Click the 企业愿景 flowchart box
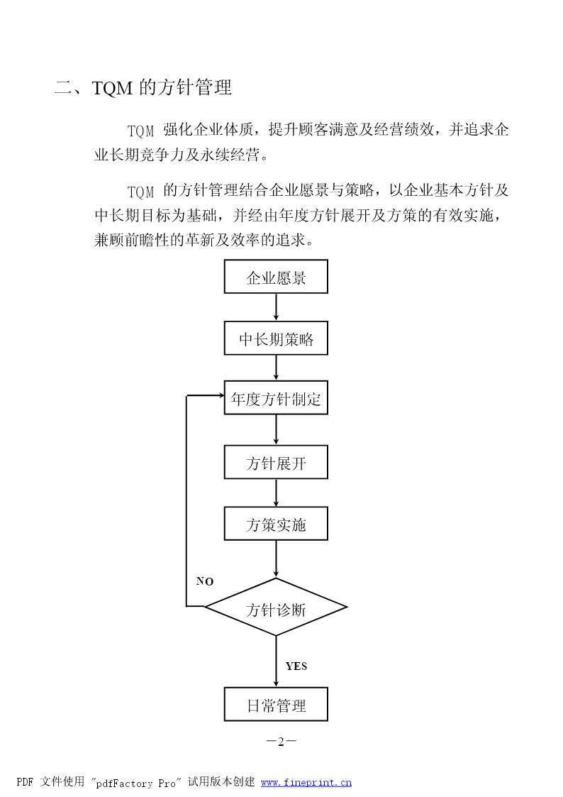tap(276, 277)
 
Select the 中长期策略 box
tap(276, 338)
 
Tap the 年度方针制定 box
tap(276, 397)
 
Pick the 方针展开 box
tap(276, 462)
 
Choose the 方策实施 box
tap(276, 524)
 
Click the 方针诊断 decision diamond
tap(276, 607)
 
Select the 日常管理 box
tap(276, 705)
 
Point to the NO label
tap(205, 581)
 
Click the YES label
tap(296, 666)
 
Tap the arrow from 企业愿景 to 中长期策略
tap(276, 307)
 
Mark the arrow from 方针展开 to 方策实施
tap(276, 493)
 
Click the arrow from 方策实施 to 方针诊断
tap(276, 559)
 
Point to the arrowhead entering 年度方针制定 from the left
tap(221, 395)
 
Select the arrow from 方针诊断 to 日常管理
tap(276, 661)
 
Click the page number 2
tap(281, 742)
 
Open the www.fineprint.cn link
tap(306, 783)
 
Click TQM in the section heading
tap(112, 88)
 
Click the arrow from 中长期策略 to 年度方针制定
tap(276, 368)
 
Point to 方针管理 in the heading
tap(195, 87)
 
